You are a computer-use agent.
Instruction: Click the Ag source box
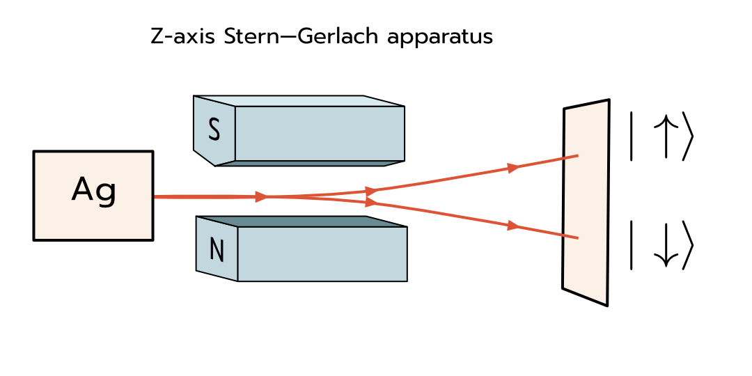coord(93,196)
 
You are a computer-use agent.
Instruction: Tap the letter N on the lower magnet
coord(217,250)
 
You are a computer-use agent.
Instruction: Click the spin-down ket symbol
coord(661,244)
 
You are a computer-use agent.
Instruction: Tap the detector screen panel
coord(586,202)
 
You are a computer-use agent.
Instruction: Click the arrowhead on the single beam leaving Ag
coord(262,197)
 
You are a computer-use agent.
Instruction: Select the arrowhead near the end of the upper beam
coord(514,168)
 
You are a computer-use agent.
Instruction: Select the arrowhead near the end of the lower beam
coord(514,226)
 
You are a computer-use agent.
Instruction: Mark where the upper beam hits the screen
coord(577,156)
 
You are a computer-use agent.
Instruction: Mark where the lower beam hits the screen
coord(577,238)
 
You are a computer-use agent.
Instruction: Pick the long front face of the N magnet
coord(322,254)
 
